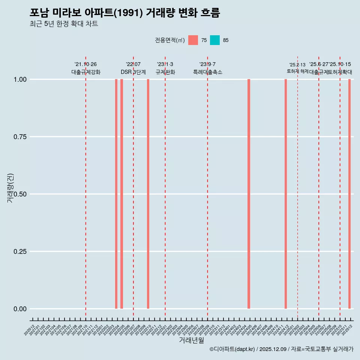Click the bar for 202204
coord(116,194)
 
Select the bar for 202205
coord(121,194)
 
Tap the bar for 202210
coord(148,194)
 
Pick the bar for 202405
coord(249,194)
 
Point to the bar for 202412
coord(286,194)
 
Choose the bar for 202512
coord(349,194)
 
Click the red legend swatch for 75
coord(193,40)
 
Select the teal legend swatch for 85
coord(215,40)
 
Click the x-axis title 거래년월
coord(192,340)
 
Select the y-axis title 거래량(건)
coord(10,188)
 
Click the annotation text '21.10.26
coord(85,64)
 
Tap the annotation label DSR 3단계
coord(133,72)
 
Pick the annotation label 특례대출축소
coord(208,72)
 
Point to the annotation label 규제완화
coord(165,72)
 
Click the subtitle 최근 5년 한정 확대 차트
coord(64,24)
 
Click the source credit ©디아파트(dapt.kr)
coord(232,349)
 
